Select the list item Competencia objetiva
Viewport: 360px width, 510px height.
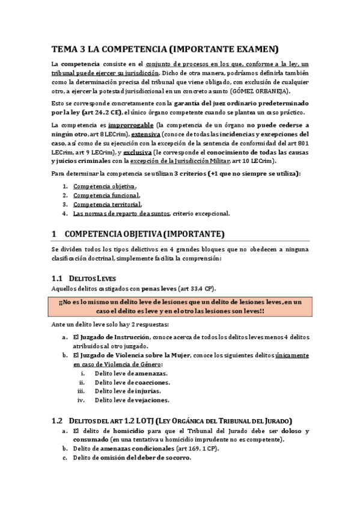pos(104,186)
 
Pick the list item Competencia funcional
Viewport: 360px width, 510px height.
pos(106,195)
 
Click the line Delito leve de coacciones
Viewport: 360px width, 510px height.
pos(131,382)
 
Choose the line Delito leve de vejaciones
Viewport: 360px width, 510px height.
pos(132,400)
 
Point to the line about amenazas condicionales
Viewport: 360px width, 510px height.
pos(145,449)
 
